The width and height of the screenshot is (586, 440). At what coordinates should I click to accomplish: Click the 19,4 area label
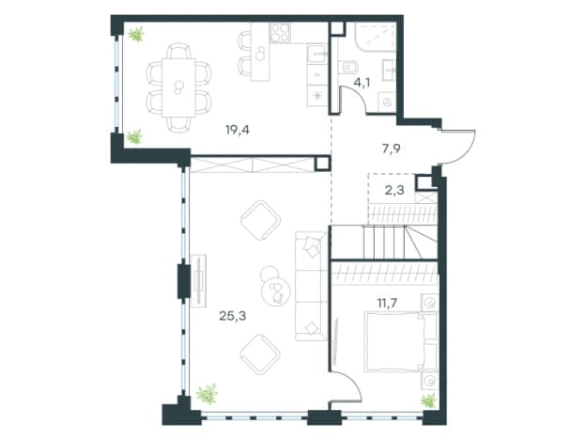click(238, 130)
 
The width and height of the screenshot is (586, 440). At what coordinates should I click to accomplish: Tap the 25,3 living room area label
click(233, 316)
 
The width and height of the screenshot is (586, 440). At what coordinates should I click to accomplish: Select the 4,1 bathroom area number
click(362, 83)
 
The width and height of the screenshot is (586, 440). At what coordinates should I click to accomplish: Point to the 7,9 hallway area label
click(392, 149)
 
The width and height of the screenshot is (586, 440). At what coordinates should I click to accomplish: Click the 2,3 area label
click(394, 191)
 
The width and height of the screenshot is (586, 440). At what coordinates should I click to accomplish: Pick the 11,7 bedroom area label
click(387, 303)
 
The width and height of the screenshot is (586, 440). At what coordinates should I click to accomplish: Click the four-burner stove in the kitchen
click(280, 33)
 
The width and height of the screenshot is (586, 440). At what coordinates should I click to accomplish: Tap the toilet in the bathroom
click(348, 67)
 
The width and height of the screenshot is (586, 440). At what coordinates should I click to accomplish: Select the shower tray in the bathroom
click(376, 37)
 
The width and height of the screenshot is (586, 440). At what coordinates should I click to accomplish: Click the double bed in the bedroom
click(400, 342)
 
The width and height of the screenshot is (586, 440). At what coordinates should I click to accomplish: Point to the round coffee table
click(276, 291)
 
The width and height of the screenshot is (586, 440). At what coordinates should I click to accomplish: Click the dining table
click(178, 87)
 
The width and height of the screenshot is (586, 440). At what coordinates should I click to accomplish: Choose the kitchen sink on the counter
click(316, 55)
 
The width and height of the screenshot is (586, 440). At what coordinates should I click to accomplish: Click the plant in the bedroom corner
click(428, 401)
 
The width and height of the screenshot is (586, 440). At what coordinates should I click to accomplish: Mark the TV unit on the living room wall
click(198, 280)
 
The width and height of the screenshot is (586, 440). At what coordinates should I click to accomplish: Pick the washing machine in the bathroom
click(387, 102)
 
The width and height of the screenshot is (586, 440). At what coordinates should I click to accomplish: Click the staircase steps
click(384, 242)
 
